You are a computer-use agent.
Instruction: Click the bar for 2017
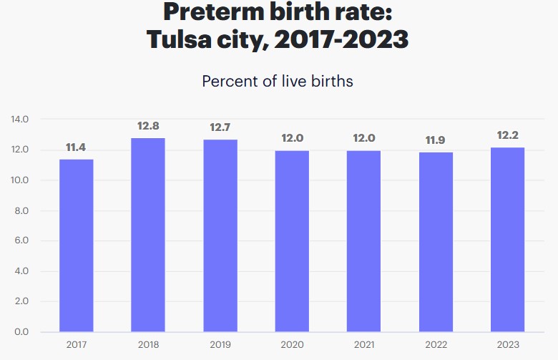coord(76,245)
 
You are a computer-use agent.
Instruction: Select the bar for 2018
coord(148,235)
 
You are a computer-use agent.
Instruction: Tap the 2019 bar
coord(220,235)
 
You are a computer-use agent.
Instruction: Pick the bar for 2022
coord(435,242)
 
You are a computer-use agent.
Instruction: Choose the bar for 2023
coord(507,240)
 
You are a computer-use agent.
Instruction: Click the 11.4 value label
coord(76,147)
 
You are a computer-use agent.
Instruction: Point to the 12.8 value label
coord(148,126)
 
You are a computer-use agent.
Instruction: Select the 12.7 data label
coord(220,127)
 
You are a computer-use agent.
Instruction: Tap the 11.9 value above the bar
coord(435,140)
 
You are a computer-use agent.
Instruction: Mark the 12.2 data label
coord(507,135)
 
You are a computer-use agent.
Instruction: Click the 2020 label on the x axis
coord(292,345)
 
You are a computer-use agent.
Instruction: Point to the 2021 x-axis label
coord(363,345)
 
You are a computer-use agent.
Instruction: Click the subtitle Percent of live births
coord(278,81)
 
